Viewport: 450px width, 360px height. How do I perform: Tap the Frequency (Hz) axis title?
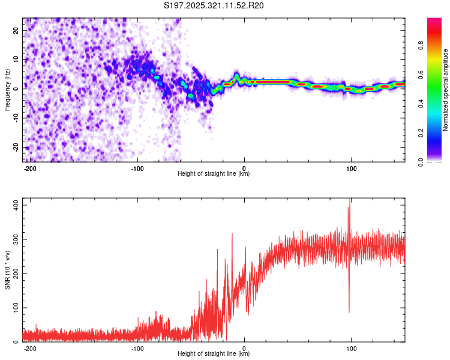point(7,90)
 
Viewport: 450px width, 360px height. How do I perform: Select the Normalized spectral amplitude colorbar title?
point(445,90)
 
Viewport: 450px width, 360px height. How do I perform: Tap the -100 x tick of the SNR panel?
point(137,349)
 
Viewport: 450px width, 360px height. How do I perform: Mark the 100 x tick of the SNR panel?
point(351,349)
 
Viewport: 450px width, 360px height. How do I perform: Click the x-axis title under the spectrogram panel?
point(214,174)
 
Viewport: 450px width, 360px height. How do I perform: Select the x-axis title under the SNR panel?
point(214,354)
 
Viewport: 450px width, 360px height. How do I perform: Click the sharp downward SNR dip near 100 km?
point(349,311)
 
